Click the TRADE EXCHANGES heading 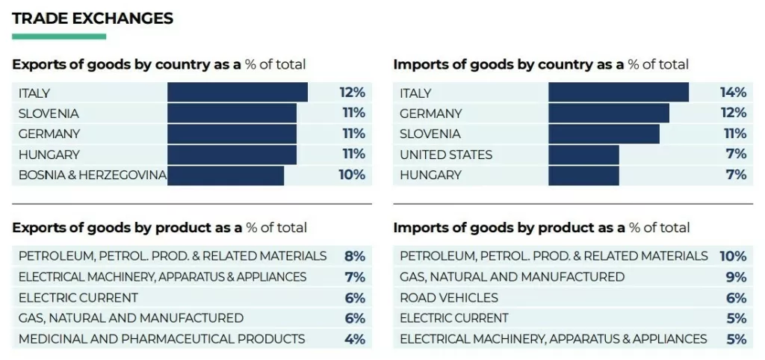click(x=93, y=19)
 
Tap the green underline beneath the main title click(x=59, y=37)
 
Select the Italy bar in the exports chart click(x=237, y=93)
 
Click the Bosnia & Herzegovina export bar click(x=225, y=175)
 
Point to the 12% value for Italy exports click(x=352, y=93)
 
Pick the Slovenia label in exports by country click(x=49, y=114)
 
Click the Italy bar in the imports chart click(x=618, y=93)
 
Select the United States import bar click(x=583, y=155)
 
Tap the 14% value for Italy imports click(x=733, y=93)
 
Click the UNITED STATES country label click(x=446, y=155)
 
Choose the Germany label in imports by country click(x=430, y=114)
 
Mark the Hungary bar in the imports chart click(x=583, y=175)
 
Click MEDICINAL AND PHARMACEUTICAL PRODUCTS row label click(x=161, y=339)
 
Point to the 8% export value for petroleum click(x=354, y=256)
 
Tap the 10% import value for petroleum click(x=733, y=256)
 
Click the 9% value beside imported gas click(x=736, y=277)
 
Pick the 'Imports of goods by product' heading click(x=541, y=227)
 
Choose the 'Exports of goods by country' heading click(x=158, y=65)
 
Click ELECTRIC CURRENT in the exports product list click(x=78, y=298)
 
